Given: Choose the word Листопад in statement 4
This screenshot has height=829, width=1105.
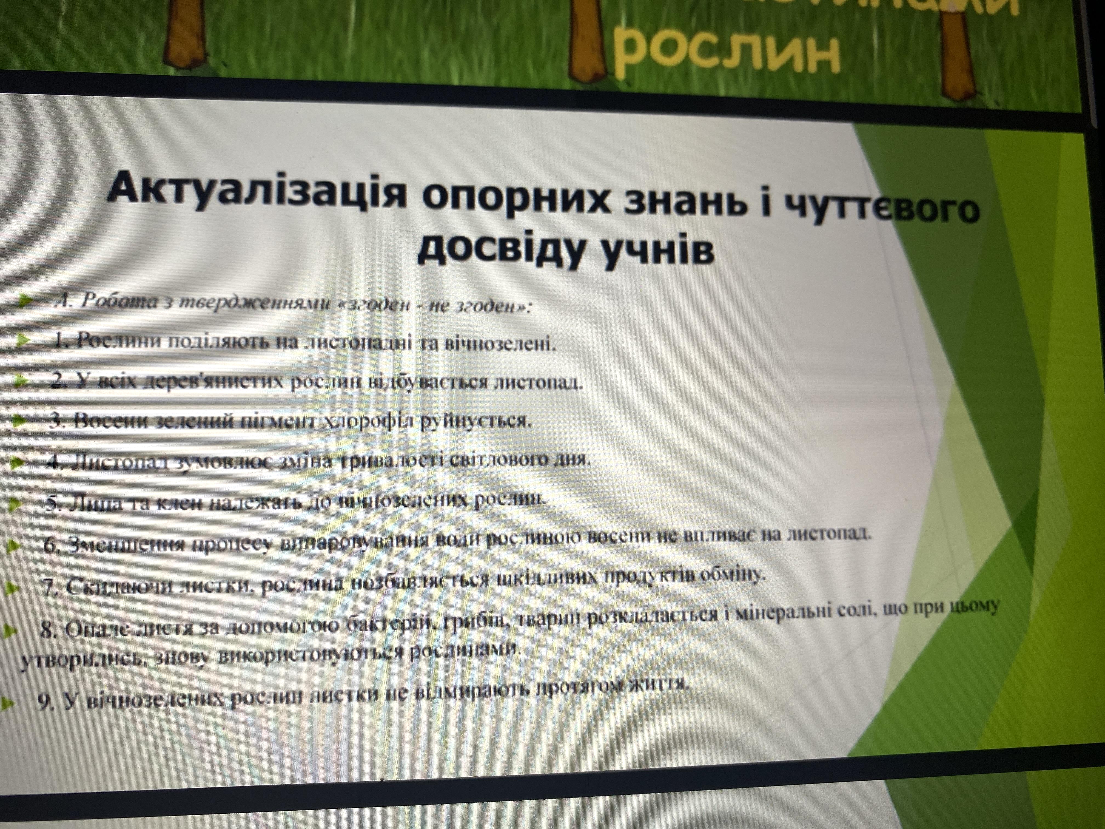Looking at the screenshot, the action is (x=121, y=461).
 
